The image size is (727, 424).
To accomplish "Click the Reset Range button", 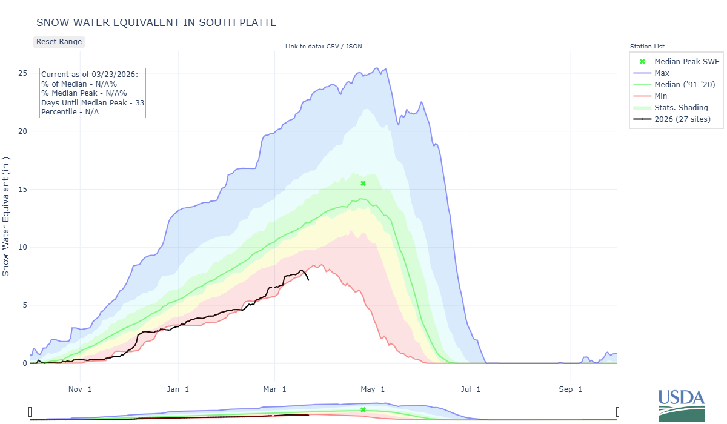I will (59, 42).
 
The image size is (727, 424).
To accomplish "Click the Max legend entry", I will (662, 73).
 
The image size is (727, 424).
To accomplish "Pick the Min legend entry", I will (661, 96).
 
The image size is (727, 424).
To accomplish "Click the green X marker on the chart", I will (363, 184).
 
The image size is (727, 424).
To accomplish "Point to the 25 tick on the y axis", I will (22, 73).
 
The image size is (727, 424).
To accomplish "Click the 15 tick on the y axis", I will (22, 190).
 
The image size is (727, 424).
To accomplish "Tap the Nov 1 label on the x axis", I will (81, 388).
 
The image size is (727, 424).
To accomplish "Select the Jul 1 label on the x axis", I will (470, 388).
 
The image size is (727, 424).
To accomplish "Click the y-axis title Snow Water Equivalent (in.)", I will (6, 216).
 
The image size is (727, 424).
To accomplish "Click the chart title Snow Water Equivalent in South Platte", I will (156, 23).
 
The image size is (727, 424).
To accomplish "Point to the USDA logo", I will (682, 405).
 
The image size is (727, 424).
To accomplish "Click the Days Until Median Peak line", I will (92, 102).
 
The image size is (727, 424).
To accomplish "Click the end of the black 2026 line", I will (308, 280).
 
